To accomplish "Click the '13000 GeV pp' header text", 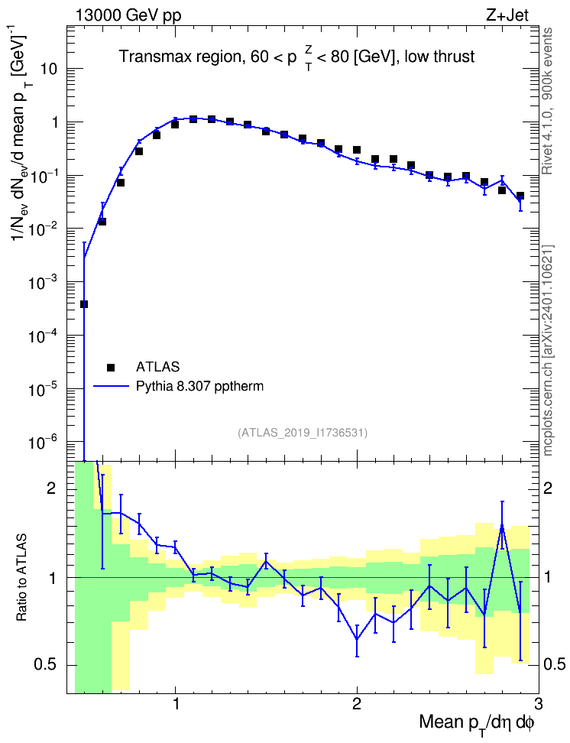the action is tap(128, 15).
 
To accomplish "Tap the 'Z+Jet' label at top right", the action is tap(507, 15).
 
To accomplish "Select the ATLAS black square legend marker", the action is tap(111, 367).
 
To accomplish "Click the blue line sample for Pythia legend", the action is tap(111, 386).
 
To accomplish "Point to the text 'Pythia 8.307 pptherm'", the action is tap(199, 387).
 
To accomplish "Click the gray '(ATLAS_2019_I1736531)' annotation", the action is tap(303, 432).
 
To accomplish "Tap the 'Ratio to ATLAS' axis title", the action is tap(21, 578).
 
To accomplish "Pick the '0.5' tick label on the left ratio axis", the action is tap(45, 665).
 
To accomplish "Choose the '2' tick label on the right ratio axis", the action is tap(548, 489).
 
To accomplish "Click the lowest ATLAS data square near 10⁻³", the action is tap(84, 304).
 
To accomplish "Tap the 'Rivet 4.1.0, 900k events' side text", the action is tap(547, 102).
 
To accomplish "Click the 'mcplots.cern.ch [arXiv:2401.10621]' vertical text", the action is tap(548, 351).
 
